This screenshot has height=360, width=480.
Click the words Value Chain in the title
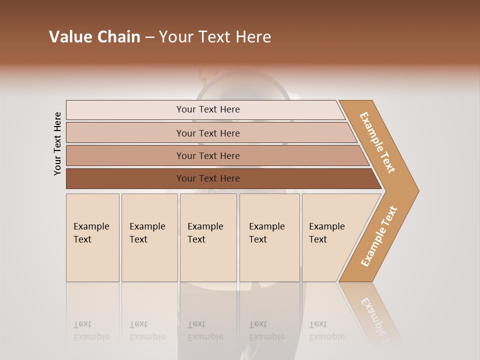click(x=94, y=37)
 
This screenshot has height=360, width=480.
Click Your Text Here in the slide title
click(x=215, y=37)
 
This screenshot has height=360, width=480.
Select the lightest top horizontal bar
click(x=207, y=109)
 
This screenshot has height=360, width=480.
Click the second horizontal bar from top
click(x=207, y=133)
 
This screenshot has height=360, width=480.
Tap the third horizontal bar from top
click(x=207, y=155)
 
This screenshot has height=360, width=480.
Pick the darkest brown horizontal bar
click(x=207, y=178)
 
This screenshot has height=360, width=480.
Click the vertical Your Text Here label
click(x=57, y=144)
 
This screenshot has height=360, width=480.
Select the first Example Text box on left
click(x=92, y=237)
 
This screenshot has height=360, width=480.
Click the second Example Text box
click(x=149, y=237)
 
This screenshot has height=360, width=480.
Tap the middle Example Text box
click(x=207, y=237)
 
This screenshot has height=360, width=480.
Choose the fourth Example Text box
click(x=269, y=237)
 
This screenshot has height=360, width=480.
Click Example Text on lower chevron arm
click(x=378, y=236)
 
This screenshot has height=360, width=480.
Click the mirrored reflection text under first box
click(x=91, y=331)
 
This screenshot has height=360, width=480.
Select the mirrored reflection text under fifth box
click(x=326, y=331)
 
